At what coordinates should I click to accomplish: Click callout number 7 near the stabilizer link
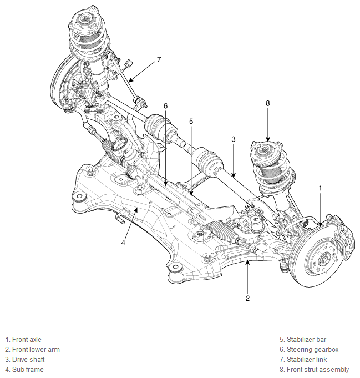pos(159,59)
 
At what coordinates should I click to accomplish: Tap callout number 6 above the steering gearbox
pos(165,106)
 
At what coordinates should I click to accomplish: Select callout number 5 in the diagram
pos(191,121)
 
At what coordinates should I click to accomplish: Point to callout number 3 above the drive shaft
pos(234,139)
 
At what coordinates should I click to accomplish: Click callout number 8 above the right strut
pos(268,103)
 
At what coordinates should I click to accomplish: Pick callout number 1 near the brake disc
pos(320,188)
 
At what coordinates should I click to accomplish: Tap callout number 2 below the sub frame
pos(247,298)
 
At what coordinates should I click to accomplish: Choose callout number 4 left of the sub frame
pos(123,243)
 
